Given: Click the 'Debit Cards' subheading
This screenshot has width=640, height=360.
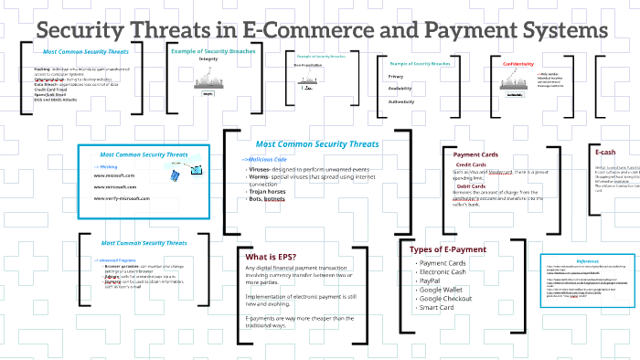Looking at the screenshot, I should [x=471, y=186].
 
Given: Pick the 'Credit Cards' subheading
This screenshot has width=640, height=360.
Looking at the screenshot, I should [x=472, y=164].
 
